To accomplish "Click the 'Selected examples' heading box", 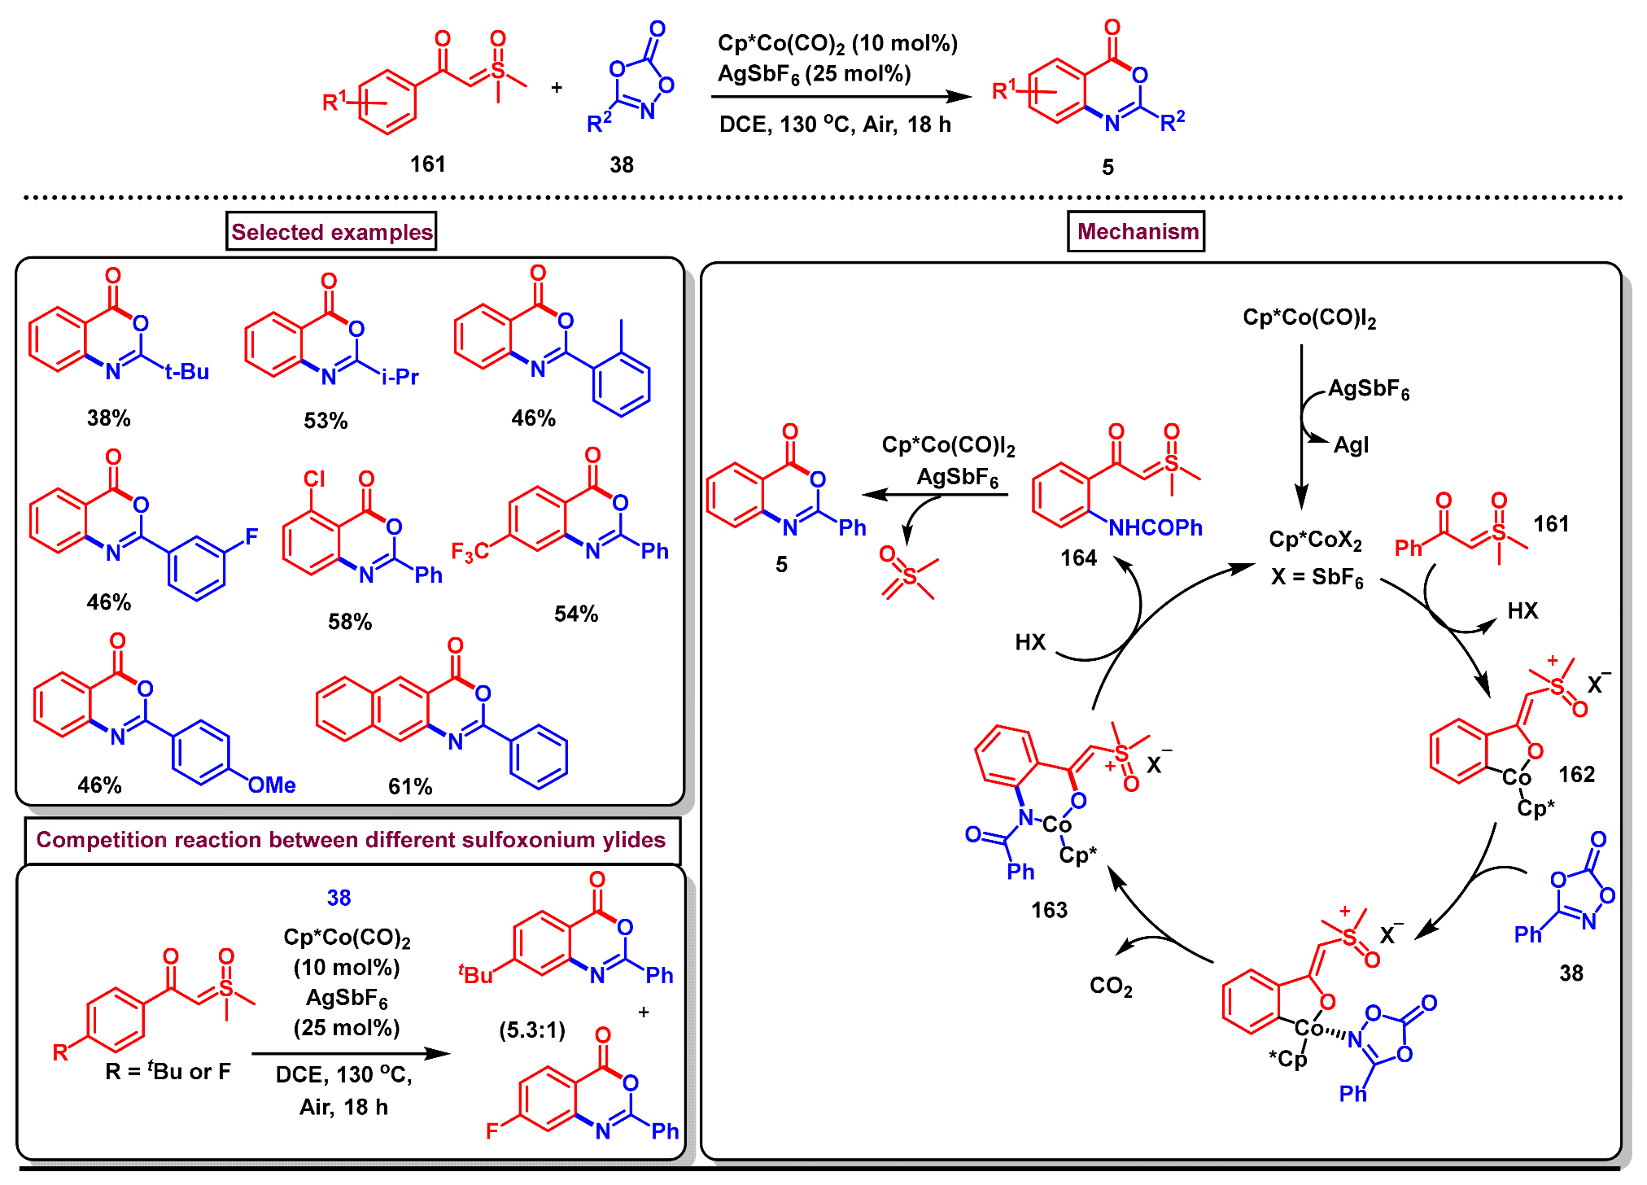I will (x=331, y=232).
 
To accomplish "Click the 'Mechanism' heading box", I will (x=1137, y=232).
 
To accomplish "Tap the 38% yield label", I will (x=108, y=418).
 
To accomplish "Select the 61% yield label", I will (x=410, y=786).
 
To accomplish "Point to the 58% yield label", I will (x=350, y=622).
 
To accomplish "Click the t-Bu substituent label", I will (x=187, y=372).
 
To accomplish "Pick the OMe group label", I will (x=272, y=785).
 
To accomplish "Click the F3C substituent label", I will (x=470, y=553).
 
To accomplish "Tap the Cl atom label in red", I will (x=314, y=479).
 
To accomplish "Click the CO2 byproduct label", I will (x=1111, y=986).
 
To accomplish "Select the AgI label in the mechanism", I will (x=1351, y=445).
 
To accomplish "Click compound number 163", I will (x=1049, y=910).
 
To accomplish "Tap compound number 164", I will (x=1078, y=558).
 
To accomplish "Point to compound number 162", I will (x=1576, y=774).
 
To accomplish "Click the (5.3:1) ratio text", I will (x=532, y=1030).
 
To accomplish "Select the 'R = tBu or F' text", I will (x=168, y=1071).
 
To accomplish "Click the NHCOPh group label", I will (x=1156, y=528).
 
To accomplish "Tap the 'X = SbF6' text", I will (x=1317, y=577).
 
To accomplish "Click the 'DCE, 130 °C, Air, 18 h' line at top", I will (x=835, y=125).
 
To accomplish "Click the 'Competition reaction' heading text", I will (x=351, y=840).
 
